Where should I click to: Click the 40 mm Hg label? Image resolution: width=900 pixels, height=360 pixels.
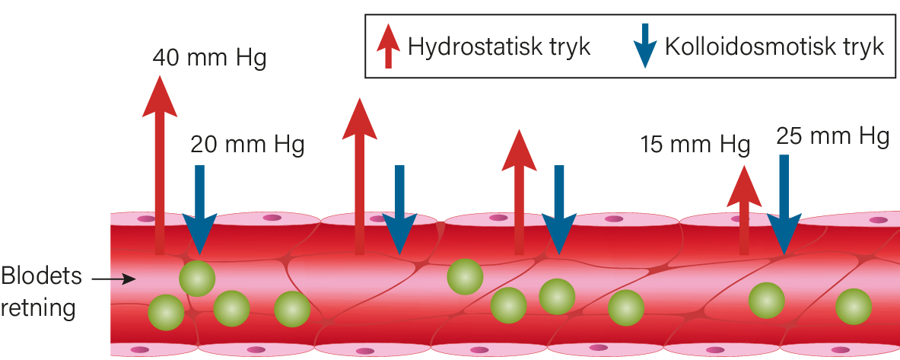point(209,59)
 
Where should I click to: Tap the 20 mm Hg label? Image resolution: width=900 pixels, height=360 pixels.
point(246,145)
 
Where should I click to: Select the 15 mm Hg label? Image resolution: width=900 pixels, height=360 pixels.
point(695,145)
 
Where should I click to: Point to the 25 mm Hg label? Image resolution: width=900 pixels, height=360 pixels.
point(833,137)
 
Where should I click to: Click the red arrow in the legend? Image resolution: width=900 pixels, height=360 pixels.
point(389,46)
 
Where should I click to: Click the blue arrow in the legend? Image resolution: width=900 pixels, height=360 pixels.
point(645,46)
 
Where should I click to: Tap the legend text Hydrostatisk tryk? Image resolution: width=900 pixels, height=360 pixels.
point(499,46)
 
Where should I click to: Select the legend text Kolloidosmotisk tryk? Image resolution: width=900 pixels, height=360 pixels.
point(774,46)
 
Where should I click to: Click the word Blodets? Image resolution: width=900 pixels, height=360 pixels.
point(41,277)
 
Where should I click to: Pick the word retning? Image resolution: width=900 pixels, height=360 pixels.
point(38,308)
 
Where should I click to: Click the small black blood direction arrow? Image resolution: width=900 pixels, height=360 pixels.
point(113,279)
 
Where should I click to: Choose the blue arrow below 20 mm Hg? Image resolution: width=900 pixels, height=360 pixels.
point(199,209)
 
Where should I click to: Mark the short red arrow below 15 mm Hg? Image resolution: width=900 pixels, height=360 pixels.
point(744,210)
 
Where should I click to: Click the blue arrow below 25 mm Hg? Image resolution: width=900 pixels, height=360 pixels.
point(784,205)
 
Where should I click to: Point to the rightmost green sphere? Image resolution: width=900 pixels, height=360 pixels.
point(854,307)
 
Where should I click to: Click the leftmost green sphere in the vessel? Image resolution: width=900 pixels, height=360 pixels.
point(167,312)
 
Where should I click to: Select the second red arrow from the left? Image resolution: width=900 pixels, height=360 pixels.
point(360,177)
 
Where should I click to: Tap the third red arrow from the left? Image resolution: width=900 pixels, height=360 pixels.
point(519,192)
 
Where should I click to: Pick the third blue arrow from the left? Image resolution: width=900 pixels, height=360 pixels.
point(559,209)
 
